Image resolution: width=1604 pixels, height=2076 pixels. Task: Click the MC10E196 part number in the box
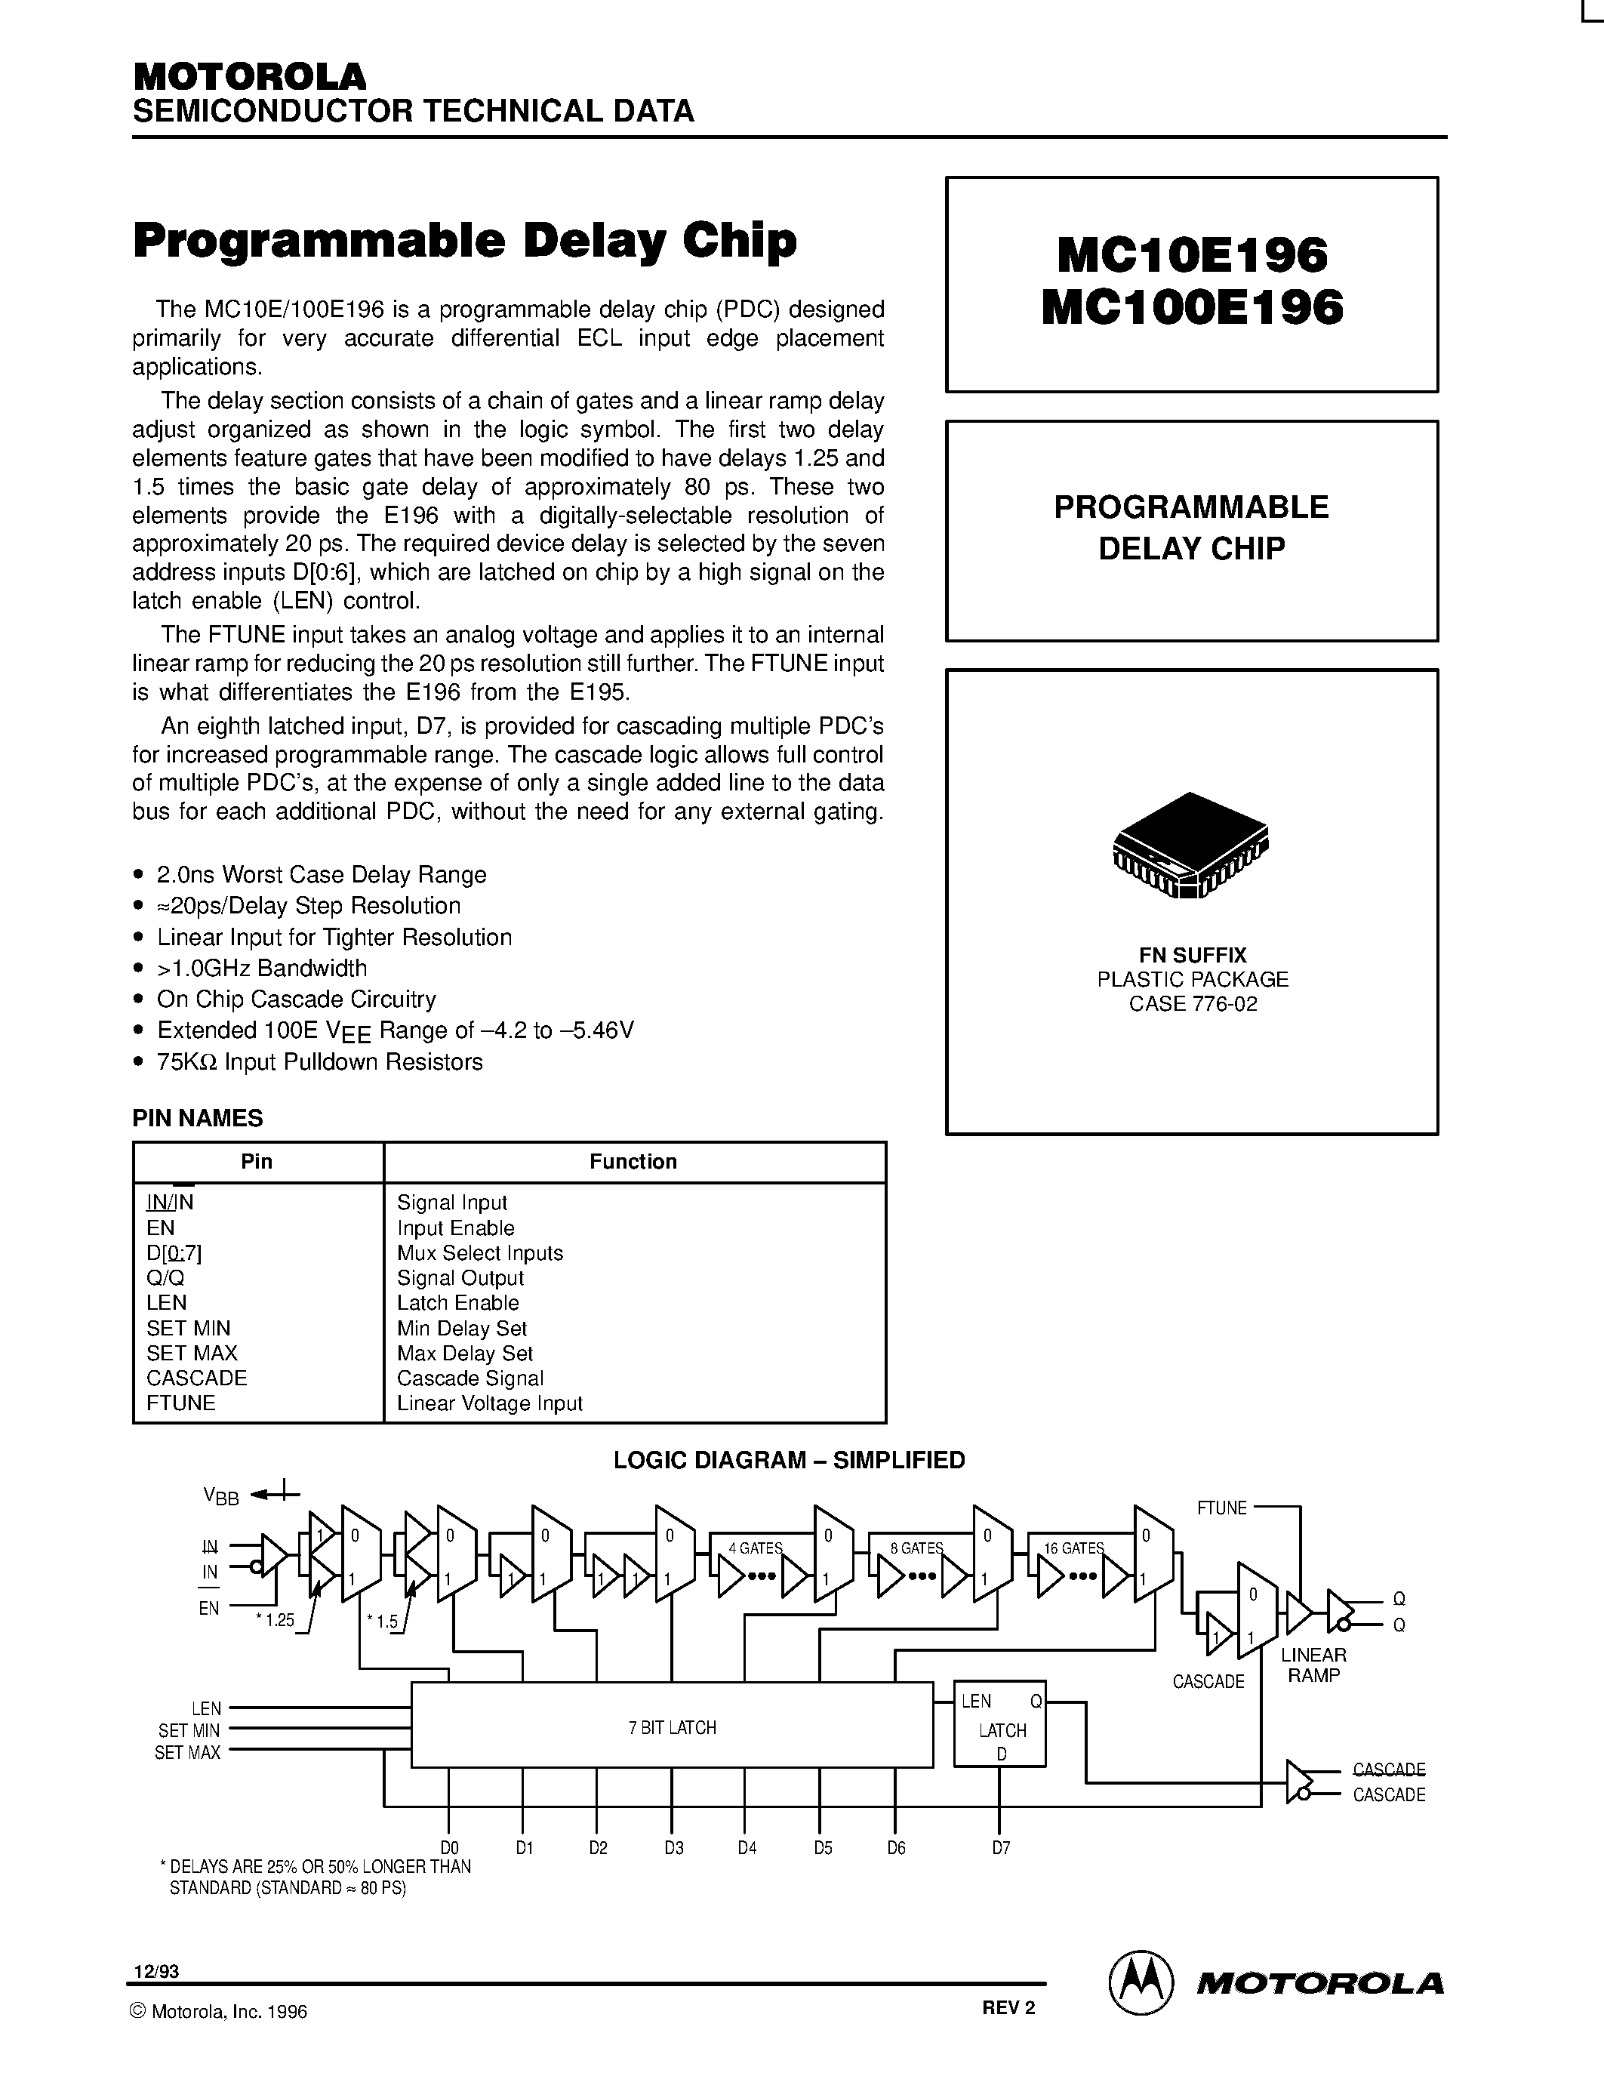click(x=1192, y=254)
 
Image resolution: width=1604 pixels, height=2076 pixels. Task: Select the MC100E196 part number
click(x=1192, y=308)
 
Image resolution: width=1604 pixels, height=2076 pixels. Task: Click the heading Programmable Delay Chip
click(x=465, y=241)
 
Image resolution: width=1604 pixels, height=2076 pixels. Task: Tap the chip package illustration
click(x=1190, y=845)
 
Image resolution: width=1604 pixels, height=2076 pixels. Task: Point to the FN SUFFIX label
click(x=1193, y=955)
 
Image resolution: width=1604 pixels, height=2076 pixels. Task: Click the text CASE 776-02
click(x=1193, y=1004)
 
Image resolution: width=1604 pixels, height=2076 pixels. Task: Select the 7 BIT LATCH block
click(x=672, y=1727)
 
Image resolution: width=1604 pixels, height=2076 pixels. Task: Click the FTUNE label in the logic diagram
click(x=1221, y=1508)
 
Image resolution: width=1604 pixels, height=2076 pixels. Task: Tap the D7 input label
click(x=1001, y=1848)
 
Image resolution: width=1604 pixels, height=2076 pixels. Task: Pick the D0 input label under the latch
click(x=449, y=1848)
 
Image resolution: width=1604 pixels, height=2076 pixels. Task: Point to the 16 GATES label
click(x=1073, y=1548)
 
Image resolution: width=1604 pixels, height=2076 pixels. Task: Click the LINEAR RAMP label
click(x=1313, y=1665)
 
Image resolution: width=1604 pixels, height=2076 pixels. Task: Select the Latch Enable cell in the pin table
click(x=458, y=1303)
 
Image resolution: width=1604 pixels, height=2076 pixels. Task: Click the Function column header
click(x=633, y=1162)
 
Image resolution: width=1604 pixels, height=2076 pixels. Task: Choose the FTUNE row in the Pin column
click(x=180, y=1403)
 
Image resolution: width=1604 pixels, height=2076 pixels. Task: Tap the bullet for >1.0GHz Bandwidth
click(x=140, y=969)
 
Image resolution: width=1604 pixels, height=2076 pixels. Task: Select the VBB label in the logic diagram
click(x=220, y=1496)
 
